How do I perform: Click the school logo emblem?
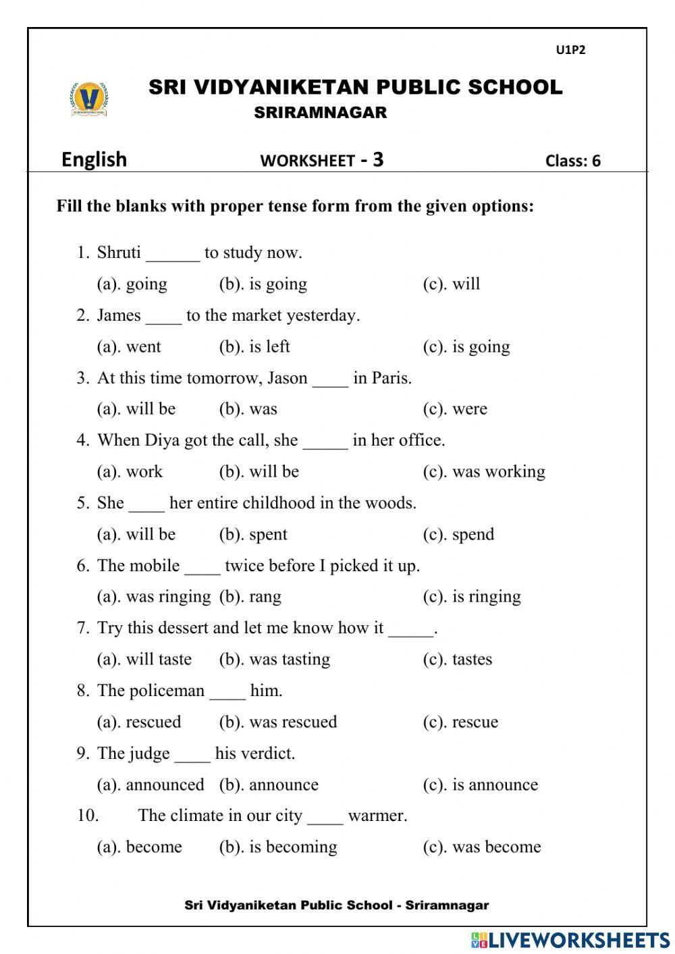click(x=88, y=99)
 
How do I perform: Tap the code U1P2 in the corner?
click(x=570, y=50)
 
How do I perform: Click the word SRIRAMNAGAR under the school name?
click(x=321, y=113)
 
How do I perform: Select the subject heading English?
click(x=94, y=159)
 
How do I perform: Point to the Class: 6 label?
click(x=572, y=161)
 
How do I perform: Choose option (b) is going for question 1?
click(x=263, y=284)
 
